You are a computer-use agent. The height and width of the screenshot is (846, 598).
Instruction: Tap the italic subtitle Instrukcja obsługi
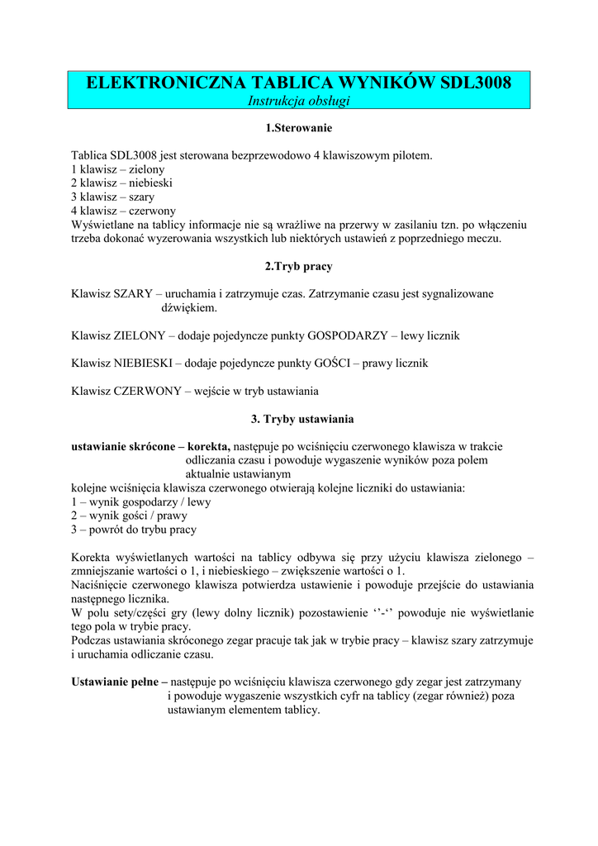(x=299, y=101)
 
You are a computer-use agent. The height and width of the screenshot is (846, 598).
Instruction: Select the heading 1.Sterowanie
(x=299, y=128)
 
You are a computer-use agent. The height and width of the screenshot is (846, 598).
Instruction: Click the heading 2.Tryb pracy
(x=299, y=267)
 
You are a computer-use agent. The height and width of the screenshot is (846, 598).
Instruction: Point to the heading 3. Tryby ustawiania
(x=299, y=419)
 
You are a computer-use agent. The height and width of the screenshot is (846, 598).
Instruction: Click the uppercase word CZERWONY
(x=148, y=391)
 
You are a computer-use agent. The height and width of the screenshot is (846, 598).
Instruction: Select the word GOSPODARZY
(x=348, y=336)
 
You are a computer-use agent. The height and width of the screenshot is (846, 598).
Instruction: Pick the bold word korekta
(x=209, y=446)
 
